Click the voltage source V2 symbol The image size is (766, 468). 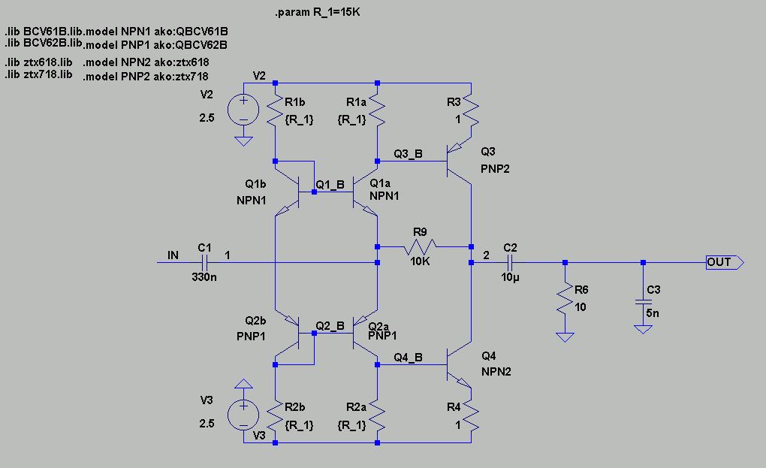coord(243,110)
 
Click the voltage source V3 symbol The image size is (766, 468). coord(243,415)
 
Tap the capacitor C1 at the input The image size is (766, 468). coord(204,262)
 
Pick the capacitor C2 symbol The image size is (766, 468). coord(510,262)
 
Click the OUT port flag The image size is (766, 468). coord(724,262)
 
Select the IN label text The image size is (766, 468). coord(173,255)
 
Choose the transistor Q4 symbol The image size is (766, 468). coord(459,365)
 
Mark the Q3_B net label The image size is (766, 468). coord(409,154)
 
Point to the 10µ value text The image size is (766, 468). coord(509,278)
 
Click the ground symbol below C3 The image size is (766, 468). coord(642,328)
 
